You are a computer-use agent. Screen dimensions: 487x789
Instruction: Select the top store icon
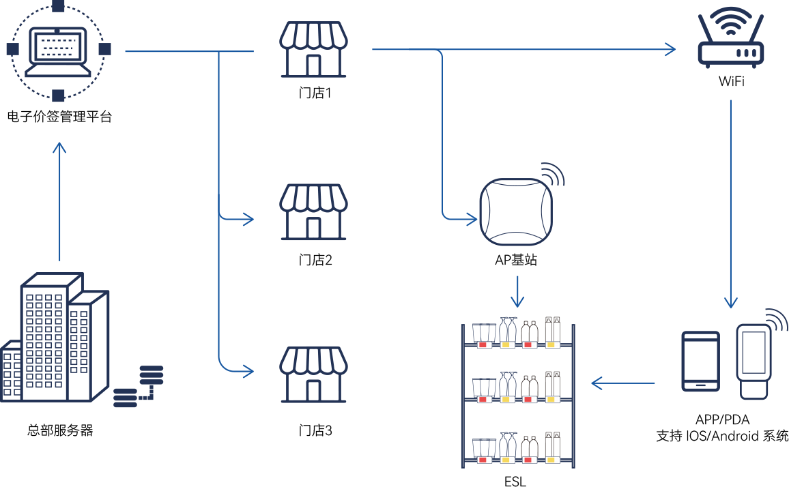click(313, 49)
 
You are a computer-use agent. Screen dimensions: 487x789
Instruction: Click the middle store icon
click(313, 212)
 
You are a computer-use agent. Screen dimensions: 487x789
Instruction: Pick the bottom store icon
click(313, 374)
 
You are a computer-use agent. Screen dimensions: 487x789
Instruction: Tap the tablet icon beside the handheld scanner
click(701, 361)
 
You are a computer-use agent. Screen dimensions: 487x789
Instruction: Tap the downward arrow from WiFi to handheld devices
click(731, 205)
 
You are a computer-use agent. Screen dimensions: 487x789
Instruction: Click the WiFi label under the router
click(731, 87)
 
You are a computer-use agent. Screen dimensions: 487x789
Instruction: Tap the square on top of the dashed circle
click(58, 6)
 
